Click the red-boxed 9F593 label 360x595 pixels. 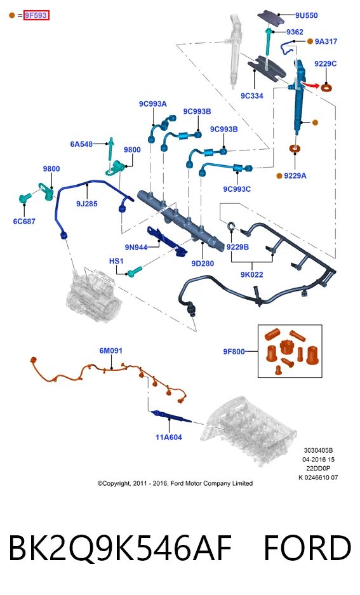36,16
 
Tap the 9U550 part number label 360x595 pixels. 307,16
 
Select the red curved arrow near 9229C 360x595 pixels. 310,84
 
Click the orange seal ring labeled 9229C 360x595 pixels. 326,88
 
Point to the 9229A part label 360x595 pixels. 295,176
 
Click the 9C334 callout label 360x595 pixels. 252,96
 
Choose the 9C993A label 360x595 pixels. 153,104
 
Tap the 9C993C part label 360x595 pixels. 237,189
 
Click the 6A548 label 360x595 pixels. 81,144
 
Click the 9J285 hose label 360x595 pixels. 87,204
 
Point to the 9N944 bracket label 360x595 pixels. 136,248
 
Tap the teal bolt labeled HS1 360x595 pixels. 135,271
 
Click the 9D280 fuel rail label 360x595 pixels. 203,264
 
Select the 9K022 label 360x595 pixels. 252,274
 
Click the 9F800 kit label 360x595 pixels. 234,352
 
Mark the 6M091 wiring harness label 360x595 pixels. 110,351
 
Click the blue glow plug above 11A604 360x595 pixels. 171,416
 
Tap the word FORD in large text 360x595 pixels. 308,548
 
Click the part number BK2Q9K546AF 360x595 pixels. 120,548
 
